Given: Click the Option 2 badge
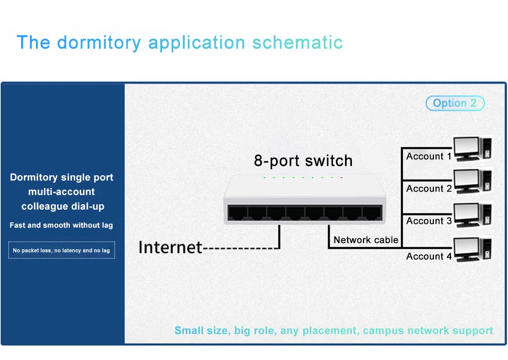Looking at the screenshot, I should [x=455, y=103].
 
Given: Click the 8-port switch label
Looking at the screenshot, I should [x=303, y=160].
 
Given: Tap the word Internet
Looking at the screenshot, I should [x=170, y=247].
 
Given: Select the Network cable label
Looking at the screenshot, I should [x=366, y=240].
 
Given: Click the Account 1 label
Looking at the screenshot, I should [x=429, y=156].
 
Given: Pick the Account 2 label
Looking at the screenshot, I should [x=429, y=188].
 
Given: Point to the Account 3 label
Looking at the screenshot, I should [x=429, y=221].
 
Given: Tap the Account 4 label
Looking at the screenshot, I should [x=429, y=256].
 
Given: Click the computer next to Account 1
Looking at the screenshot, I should [x=473, y=148].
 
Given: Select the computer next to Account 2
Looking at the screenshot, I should [x=473, y=181].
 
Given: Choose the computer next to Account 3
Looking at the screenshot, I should [x=473, y=214].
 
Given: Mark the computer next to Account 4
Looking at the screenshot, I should [x=473, y=249].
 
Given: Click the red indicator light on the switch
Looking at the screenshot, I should [x=342, y=177].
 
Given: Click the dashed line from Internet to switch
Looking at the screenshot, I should [x=241, y=248].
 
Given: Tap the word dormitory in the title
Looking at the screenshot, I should [x=99, y=42].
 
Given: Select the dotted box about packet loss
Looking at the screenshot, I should [x=61, y=250].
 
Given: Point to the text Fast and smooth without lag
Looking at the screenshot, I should [x=61, y=225].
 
